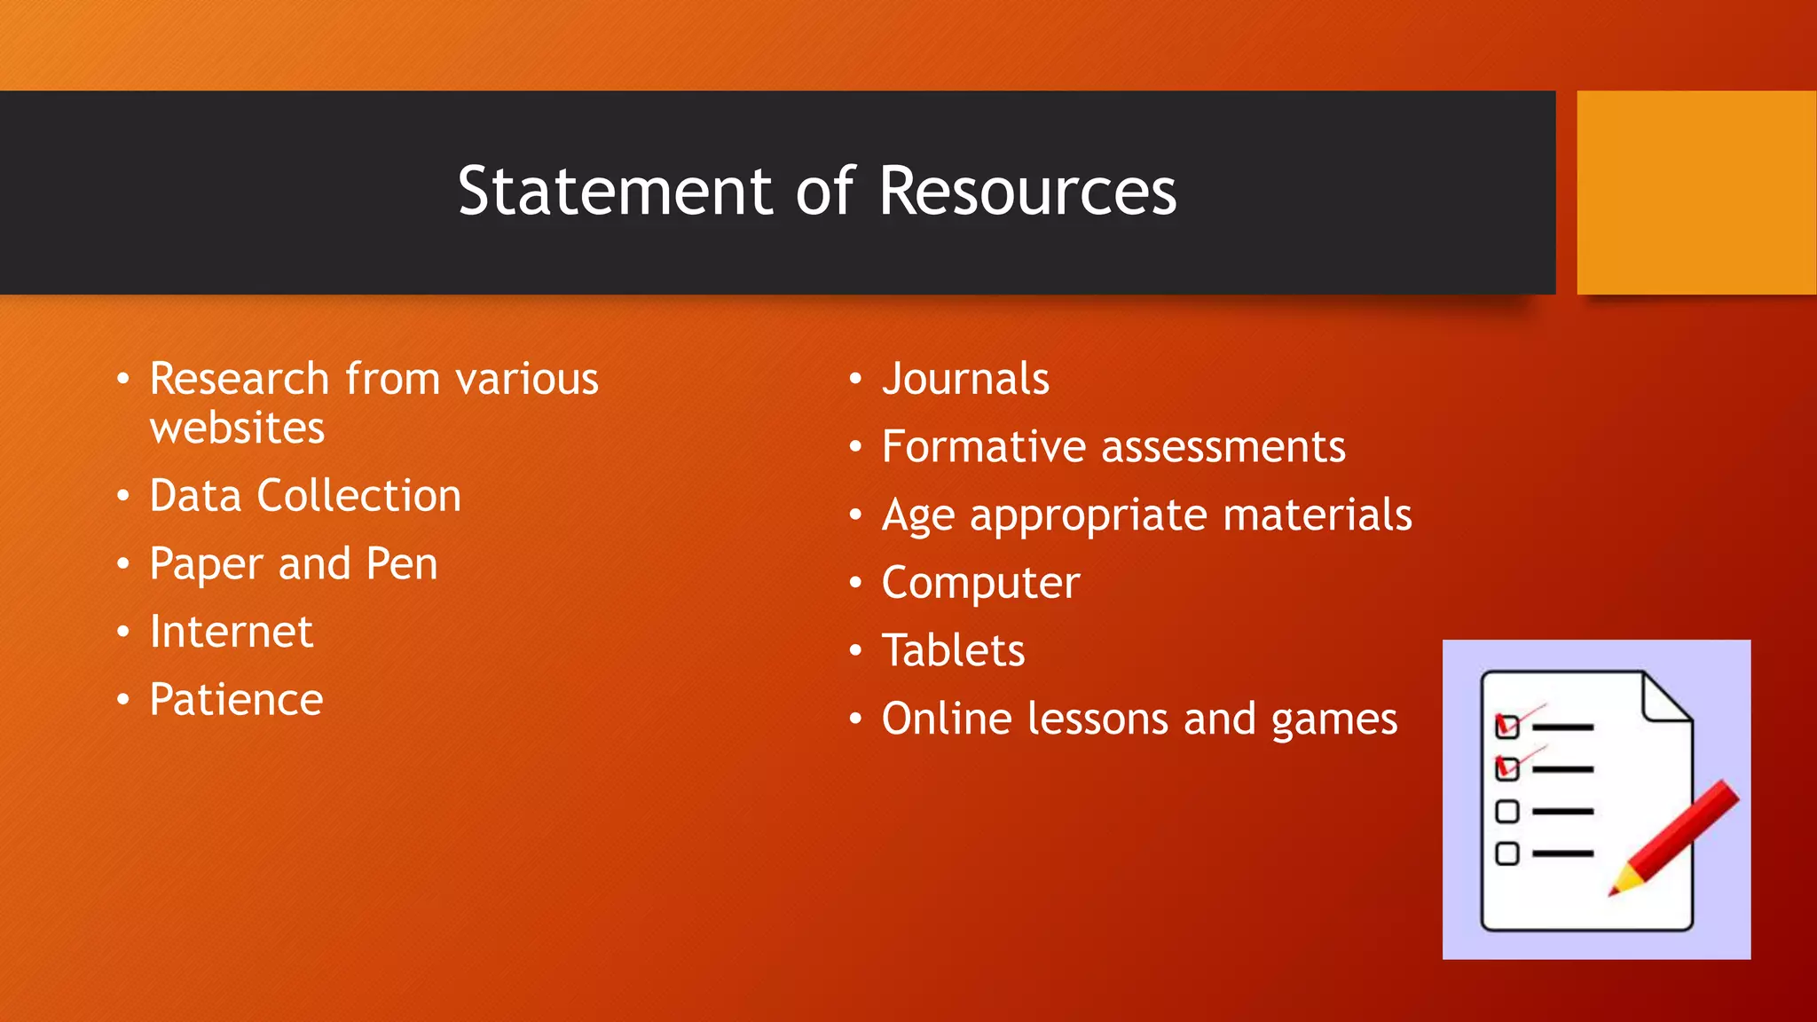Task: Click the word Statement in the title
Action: click(615, 192)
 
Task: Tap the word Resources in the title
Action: click(1027, 192)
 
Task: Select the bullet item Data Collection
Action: click(305, 495)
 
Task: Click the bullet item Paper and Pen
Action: click(294, 564)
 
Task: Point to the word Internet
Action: click(232, 632)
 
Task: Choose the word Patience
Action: click(236, 700)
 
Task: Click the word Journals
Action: click(965, 379)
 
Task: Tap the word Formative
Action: click(984, 446)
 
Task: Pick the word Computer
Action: click(980, 584)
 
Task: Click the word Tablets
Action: click(953, 650)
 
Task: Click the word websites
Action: click(237, 428)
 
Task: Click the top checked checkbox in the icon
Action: click(1507, 727)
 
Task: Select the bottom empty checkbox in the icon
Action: click(1506, 853)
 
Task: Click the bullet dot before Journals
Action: click(855, 379)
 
